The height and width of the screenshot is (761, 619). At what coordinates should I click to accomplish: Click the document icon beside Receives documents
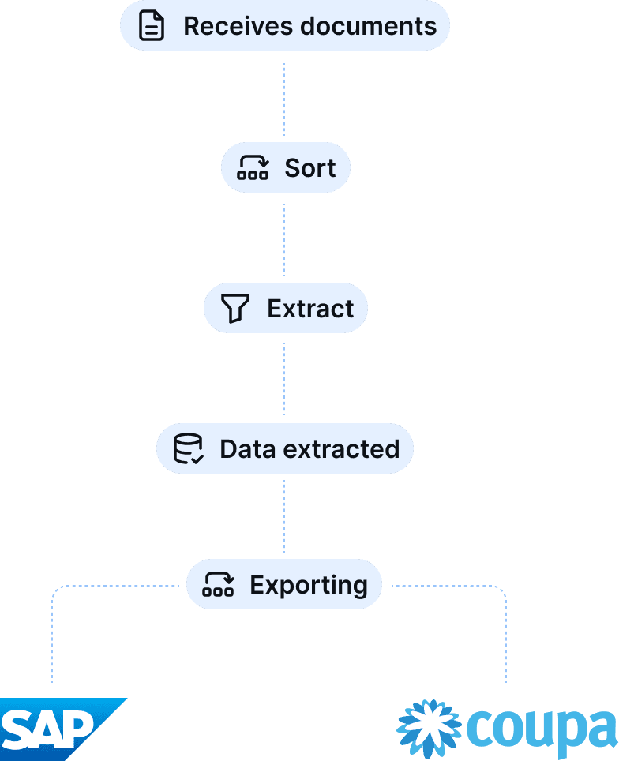coord(152,26)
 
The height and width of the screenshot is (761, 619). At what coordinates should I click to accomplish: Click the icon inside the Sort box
coord(253,167)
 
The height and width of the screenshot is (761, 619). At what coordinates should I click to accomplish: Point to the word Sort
coord(310,167)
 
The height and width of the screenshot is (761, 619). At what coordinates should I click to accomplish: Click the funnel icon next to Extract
coord(235,308)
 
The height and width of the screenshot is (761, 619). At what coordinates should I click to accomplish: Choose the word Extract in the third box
coord(310,308)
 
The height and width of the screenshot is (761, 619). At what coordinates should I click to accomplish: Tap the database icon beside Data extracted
coord(188,448)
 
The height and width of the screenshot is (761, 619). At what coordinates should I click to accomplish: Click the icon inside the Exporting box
coord(218,585)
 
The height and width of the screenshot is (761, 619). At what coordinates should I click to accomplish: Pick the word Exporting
coord(309,585)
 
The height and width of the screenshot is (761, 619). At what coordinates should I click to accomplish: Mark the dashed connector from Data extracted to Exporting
coord(284,516)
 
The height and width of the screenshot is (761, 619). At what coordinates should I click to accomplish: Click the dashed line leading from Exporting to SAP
coord(52,632)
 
